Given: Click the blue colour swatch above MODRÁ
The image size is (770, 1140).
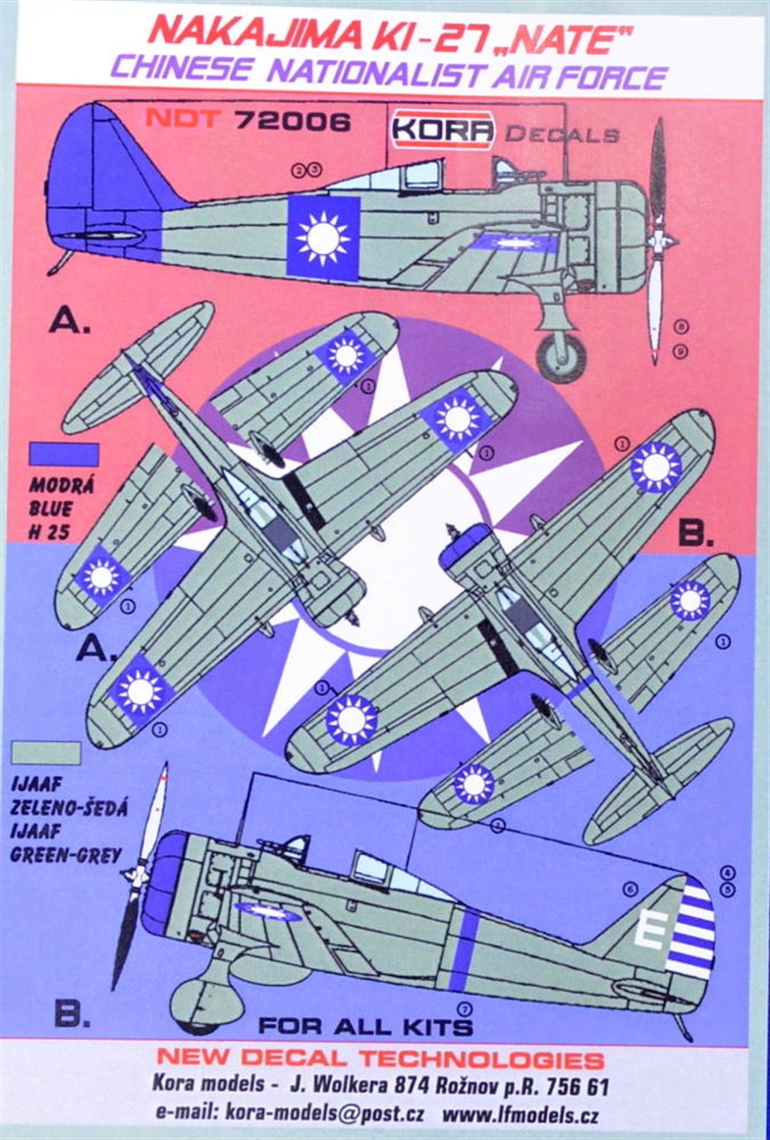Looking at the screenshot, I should [64, 454].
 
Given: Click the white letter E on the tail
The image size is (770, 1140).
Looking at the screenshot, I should [646, 930].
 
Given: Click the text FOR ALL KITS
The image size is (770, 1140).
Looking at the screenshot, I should [365, 1027].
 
